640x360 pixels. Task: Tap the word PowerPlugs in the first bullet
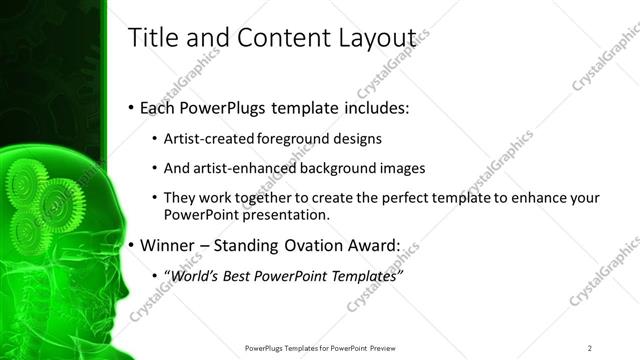tap(229, 107)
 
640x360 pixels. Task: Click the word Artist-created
tap(208, 137)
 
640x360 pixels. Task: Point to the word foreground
tap(291, 137)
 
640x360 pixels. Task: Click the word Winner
tap(171, 244)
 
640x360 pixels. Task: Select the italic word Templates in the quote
tap(363, 275)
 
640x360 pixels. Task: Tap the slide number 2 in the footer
tap(590, 347)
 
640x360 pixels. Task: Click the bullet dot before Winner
tap(132, 245)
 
